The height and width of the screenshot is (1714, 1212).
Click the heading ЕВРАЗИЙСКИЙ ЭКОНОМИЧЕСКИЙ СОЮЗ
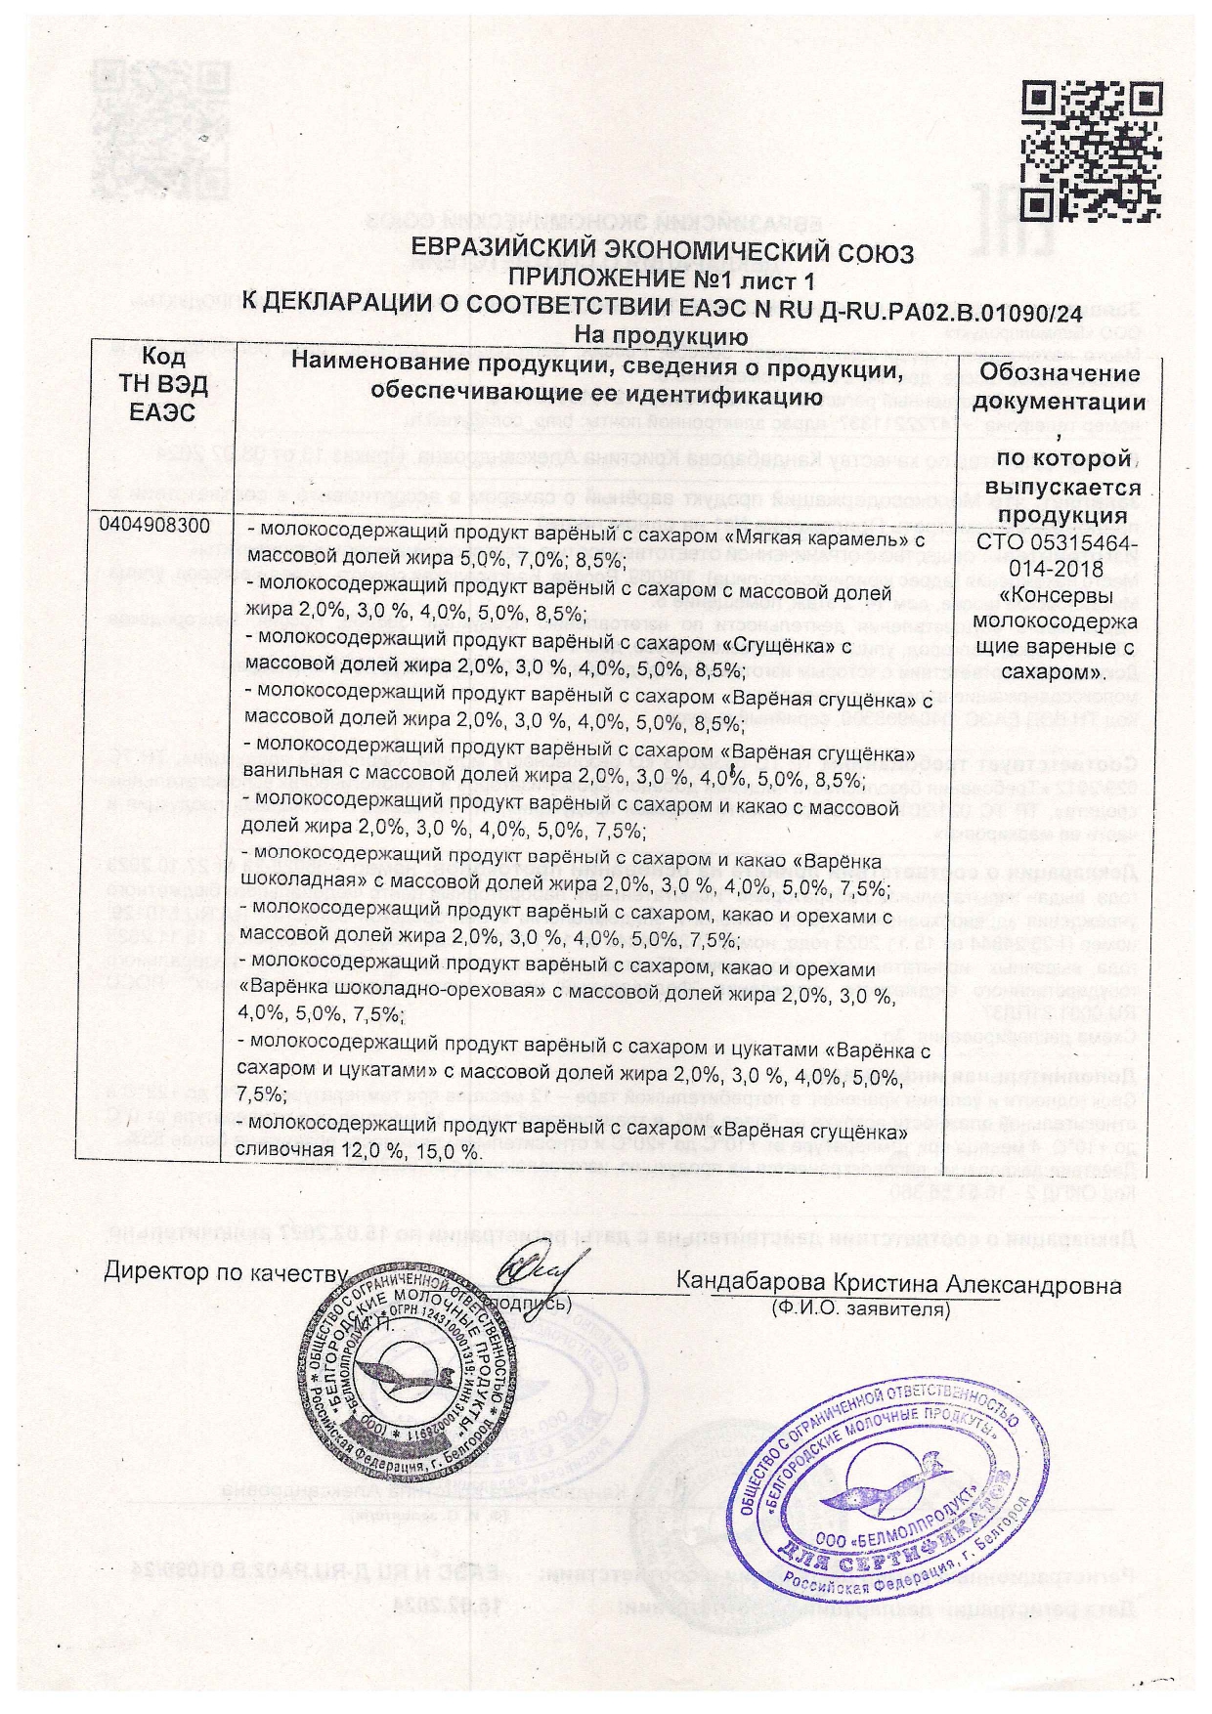coord(662,254)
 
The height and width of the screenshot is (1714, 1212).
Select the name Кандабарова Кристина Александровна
coord(899,1284)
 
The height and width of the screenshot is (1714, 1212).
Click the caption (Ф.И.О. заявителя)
coord(859,1307)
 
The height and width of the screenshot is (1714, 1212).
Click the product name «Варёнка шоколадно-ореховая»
coord(391,990)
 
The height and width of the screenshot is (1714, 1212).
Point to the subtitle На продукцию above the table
coord(662,335)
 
